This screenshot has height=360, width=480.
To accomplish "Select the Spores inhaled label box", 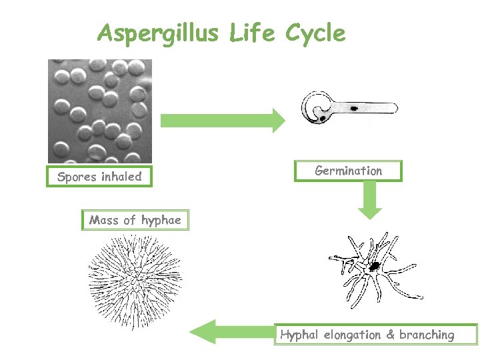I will click(99, 177).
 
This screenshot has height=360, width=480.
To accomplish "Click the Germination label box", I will click(348, 171).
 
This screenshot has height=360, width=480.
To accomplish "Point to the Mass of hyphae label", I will click(135, 220).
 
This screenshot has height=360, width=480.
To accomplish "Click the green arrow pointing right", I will click(223, 120).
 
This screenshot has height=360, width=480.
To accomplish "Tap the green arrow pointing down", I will click(371, 201).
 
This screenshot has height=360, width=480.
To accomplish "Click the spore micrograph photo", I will click(99, 111).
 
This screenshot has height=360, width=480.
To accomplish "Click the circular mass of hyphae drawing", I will click(135, 275).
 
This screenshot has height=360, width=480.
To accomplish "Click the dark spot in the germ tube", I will click(354, 107).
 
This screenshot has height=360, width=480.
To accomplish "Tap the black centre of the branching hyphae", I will click(375, 266).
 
